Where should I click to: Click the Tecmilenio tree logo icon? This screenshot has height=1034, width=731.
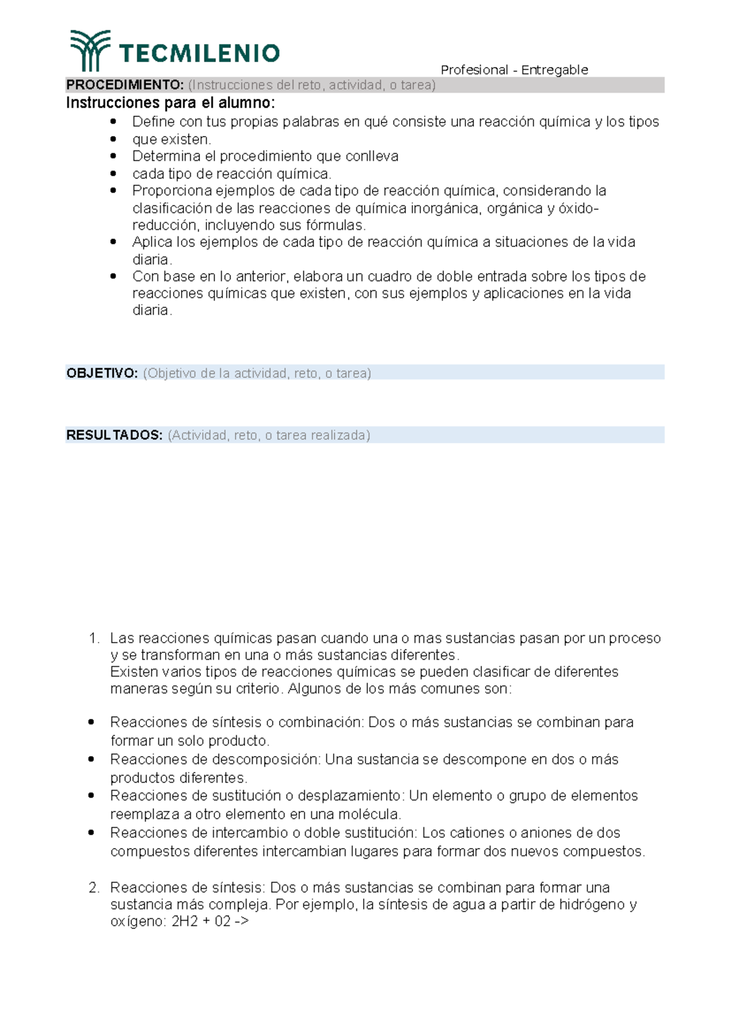(x=90, y=50)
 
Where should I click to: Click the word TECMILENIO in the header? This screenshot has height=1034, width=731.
(x=199, y=54)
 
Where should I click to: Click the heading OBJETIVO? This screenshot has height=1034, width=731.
(x=102, y=373)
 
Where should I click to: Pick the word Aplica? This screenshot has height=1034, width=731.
(x=150, y=242)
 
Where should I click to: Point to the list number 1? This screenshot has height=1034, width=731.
(x=93, y=638)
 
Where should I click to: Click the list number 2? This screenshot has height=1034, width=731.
(x=93, y=888)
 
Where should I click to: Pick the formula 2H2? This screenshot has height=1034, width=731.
(x=185, y=921)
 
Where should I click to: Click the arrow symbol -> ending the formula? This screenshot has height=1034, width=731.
(x=241, y=921)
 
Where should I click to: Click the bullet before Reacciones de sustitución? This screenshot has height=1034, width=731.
(x=91, y=796)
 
